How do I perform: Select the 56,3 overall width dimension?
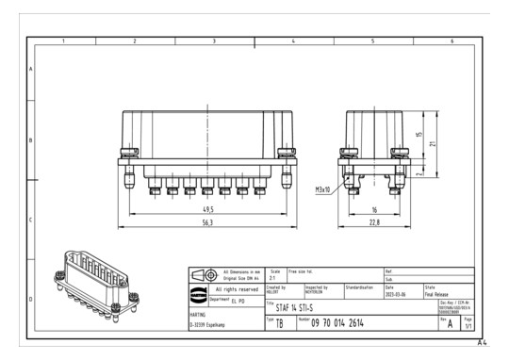206,223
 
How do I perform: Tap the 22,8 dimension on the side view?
374,223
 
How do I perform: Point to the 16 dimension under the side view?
374,209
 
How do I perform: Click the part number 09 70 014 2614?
351,322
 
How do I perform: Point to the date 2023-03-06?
400,290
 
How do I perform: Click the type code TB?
278,322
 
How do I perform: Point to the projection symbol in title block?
203,274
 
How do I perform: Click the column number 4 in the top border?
293,41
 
